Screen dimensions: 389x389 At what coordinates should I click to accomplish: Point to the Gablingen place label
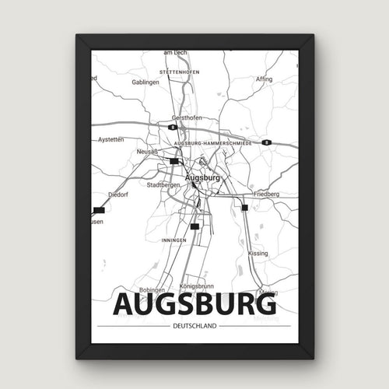click(145, 82)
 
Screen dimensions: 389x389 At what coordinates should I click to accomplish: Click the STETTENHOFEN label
click(179, 72)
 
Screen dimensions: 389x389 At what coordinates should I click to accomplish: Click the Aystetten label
click(112, 139)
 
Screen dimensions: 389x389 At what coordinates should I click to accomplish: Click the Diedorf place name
click(117, 194)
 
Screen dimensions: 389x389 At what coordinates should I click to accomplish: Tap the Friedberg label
click(265, 193)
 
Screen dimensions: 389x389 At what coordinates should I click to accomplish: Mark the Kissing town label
click(258, 254)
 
